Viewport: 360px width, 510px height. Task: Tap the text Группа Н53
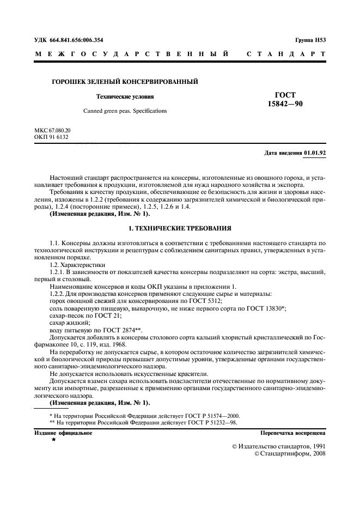pyautogui.click(x=310, y=40)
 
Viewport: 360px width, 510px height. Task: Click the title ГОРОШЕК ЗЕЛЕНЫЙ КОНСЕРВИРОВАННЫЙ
pyautogui.click(x=124, y=82)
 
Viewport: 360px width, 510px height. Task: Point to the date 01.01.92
pyautogui.click(x=315, y=153)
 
